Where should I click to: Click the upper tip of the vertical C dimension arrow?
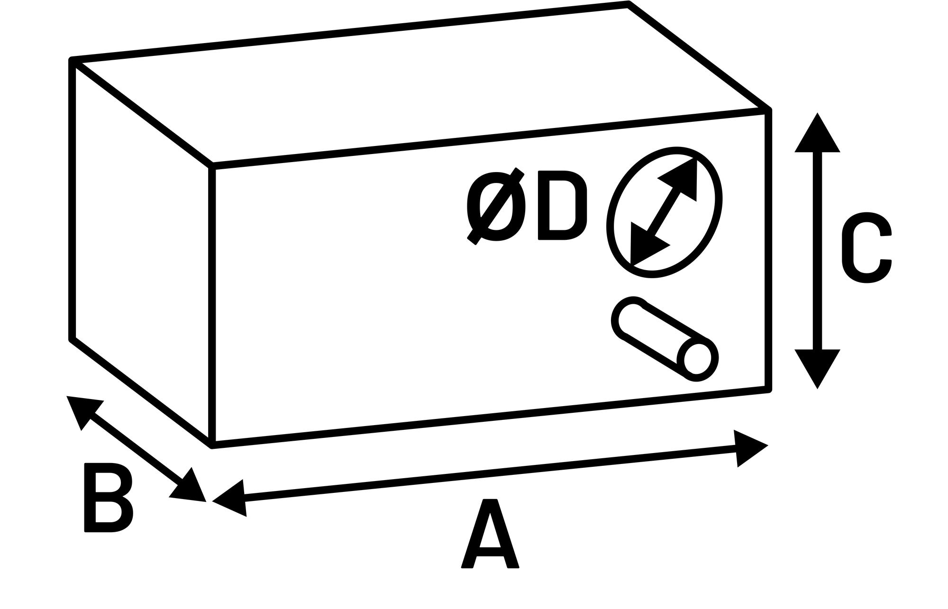tap(817, 113)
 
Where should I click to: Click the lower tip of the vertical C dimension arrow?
tap(817, 389)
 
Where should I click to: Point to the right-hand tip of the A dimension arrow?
tap(768, 445)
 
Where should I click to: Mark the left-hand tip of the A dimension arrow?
tap(212, 500)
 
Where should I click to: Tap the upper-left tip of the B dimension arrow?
tap(67, 396)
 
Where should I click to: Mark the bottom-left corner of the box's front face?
tap(212, 445)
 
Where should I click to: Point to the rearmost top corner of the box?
tap(629, 4)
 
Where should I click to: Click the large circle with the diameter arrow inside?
tap(665, 212)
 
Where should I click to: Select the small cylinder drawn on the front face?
tap(665, 338)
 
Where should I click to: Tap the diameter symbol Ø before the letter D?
tap(496, 206)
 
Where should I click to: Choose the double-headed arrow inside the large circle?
tap(664, 212)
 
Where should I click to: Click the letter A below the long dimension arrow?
tap(490, 533)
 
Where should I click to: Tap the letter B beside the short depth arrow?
tap(109, 497)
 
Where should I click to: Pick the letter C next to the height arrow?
tap(866, 247)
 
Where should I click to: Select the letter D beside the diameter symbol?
tap(563, 205)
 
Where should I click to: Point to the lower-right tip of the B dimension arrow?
tap(206, 501)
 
